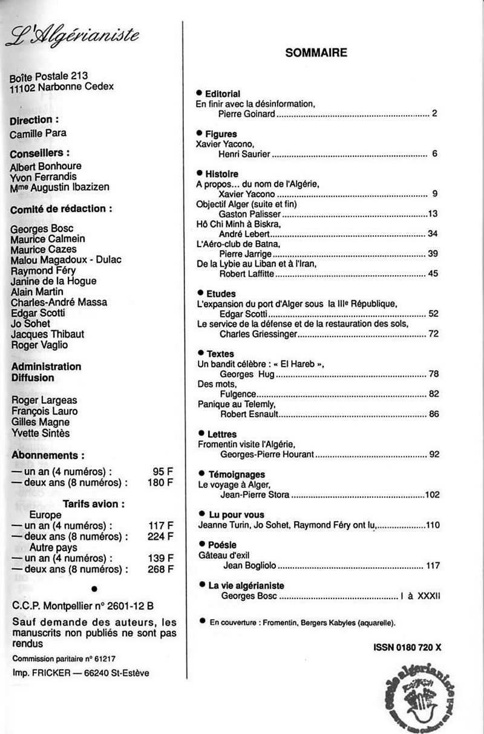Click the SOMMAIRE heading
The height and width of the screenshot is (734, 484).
[x=316, y=53]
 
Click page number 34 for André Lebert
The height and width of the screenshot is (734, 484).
[x=432, y=233]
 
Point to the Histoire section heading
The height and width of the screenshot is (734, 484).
[x=221, y=174]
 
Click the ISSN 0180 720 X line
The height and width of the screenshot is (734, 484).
[x=407, y=646]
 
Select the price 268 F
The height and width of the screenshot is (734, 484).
[x=160, y=569]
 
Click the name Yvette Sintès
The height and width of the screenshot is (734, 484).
[x=41, y=433]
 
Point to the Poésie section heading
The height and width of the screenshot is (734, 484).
[x=222, y=545]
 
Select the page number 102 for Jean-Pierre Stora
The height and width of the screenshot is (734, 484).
[x=431, y=495]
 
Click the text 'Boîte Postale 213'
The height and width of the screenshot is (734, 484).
[x=49, y=76]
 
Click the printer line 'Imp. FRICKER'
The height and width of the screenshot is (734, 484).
[x=80, y=673]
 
